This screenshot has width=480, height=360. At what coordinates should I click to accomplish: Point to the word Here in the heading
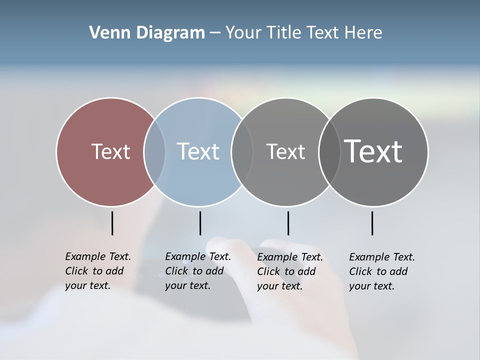[x=363, y=33]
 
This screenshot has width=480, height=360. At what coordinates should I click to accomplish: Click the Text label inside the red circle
[x=110, y=151]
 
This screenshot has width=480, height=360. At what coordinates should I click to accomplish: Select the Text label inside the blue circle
[x=198, y=151]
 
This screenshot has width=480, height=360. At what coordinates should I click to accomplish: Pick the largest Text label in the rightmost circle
[x=373, y=151]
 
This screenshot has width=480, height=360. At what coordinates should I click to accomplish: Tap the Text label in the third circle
[x=285, y=151]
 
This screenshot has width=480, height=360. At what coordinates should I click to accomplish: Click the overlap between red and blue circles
[x=154, y=152]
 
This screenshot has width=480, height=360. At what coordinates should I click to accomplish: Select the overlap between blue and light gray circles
[x=242, y=152]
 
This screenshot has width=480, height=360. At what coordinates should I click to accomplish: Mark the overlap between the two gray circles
[x=329, y=152]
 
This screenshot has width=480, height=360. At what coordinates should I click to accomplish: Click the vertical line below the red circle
[x=112, y=223]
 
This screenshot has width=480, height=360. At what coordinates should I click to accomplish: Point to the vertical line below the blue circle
[x=200, y=223]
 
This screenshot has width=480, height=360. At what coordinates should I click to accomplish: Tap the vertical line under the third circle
[x=288, y=223]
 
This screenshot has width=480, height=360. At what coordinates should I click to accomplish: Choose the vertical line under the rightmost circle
[x=372, y=223]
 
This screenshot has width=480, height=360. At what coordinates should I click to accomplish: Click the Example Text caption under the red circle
[x=97, y=271]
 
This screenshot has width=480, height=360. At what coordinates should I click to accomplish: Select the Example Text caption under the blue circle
[x=197, y=271]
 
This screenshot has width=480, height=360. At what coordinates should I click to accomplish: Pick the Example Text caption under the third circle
[x=289, y=271]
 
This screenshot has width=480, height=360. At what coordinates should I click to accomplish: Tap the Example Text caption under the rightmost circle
[x=381, y=271]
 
